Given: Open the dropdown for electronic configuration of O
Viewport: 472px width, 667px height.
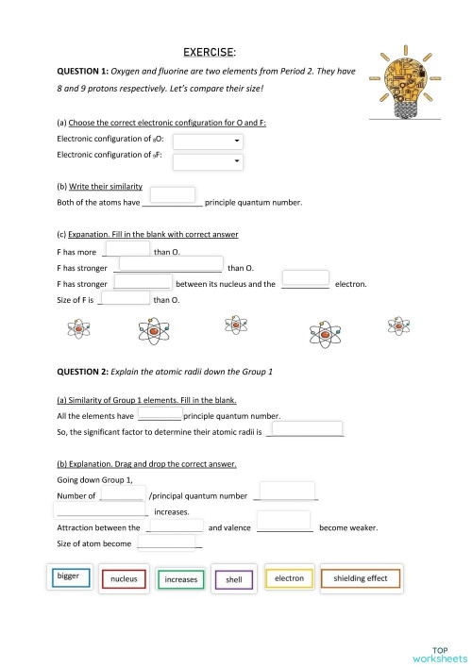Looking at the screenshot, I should [208, 142].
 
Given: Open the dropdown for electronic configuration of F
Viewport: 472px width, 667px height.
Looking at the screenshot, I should [208, 161].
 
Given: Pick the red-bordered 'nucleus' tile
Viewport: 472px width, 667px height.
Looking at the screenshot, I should [124, 578].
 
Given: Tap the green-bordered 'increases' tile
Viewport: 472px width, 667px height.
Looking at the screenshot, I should [180, 579].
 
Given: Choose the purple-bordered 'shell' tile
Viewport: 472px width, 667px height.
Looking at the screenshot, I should [233, 579].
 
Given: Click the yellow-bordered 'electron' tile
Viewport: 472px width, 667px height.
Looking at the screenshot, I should [289, 577].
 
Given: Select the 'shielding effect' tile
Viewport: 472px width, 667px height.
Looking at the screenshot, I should [360, 577].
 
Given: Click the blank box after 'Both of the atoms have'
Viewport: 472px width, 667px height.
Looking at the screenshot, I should [173, 195].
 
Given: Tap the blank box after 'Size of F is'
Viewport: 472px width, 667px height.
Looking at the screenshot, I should [126, 298].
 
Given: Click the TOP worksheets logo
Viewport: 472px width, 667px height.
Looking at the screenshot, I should [439, 653].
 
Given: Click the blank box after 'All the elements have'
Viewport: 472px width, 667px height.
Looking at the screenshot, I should [160, 413].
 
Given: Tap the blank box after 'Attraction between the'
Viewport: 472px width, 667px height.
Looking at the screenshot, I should [176, 525].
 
